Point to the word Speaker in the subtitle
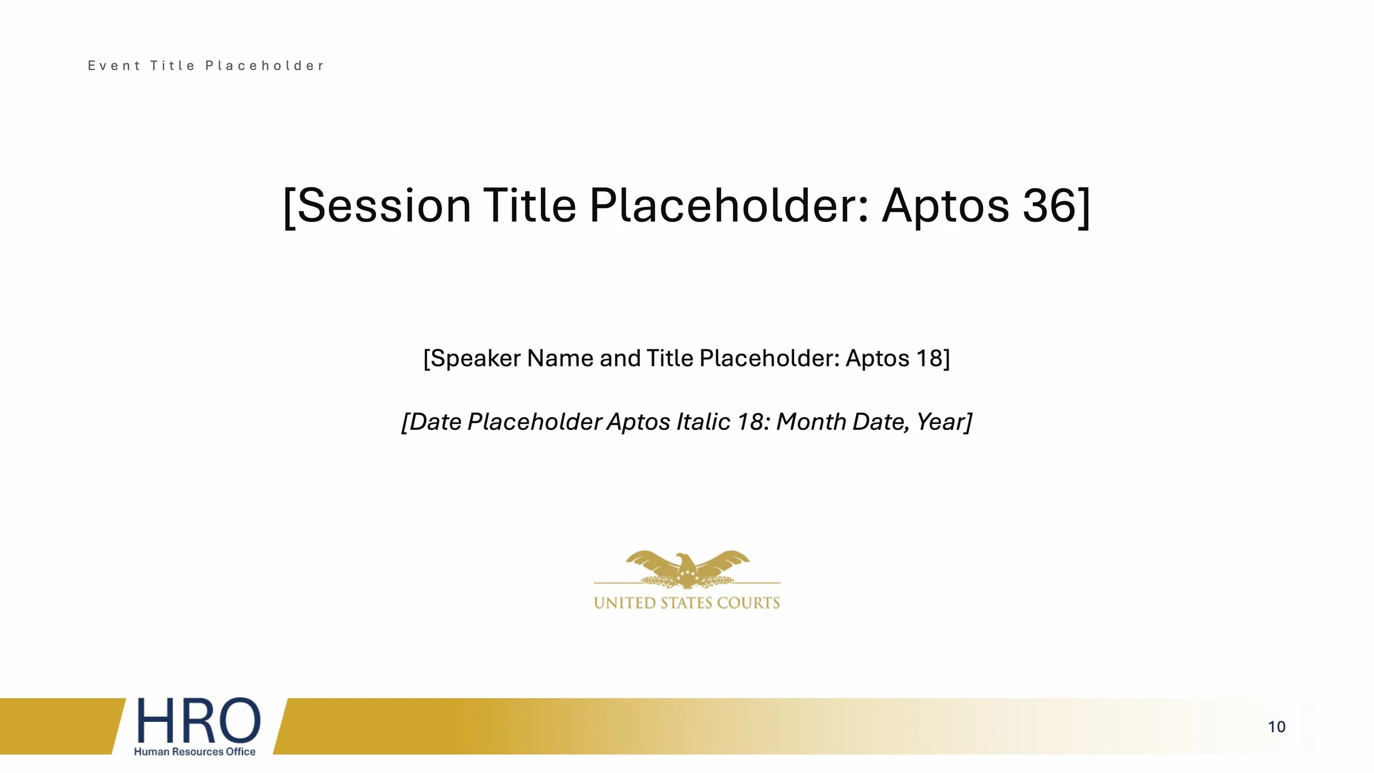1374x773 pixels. click(x=476, y=358)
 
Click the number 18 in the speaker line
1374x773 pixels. click(x=929, y=358)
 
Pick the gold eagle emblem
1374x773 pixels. click(x=687, y=570)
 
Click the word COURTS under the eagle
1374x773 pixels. click(x=749, y=603)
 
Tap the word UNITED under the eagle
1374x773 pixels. click(x=624, y=603)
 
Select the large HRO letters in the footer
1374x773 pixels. click(x=198, y=720)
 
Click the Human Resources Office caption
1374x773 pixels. click(x=195, y=752)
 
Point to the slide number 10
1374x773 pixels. click(x=1276, y=727)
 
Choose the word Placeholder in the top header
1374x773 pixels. click(x=264, y=66)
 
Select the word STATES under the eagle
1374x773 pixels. click(x=686, y=603)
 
